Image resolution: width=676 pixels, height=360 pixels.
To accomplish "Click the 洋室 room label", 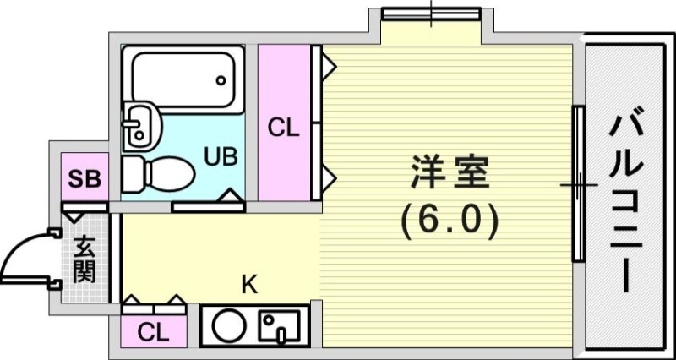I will point(449,173).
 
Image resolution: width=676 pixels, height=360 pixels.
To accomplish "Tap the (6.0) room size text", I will point(449,221).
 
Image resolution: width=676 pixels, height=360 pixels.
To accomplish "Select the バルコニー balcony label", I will point(626,204).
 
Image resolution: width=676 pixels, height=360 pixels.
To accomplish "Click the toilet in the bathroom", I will point(161,173).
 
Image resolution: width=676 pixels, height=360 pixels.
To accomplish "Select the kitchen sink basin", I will point(279,325).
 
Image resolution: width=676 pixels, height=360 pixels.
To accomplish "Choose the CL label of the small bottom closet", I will point(153,332).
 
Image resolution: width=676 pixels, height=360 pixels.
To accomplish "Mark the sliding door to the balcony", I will point(579,183).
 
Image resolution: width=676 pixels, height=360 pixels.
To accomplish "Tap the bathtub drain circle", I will point(221,82).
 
